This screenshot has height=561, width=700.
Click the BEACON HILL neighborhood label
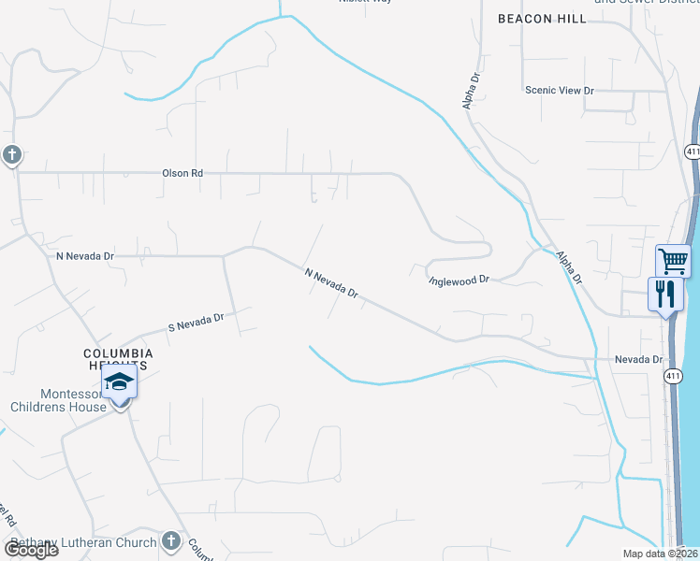click(542, 19)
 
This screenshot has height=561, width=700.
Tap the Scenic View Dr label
click(560, 90)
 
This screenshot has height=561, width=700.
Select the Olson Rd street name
click(182, 173)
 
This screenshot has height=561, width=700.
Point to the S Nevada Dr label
click(196, 323)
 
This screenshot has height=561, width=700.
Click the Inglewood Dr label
click(459, 280)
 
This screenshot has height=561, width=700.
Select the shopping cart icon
click(673, 260)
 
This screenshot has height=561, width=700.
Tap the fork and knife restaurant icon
click(666, 294)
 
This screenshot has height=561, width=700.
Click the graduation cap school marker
click(120, 382)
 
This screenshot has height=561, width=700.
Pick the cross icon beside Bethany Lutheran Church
click(170, 540)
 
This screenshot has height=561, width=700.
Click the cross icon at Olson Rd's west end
click(11, 154)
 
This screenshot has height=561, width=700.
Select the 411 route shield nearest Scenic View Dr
click(692, 151)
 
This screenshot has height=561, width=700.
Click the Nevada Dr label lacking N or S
click(638, 359)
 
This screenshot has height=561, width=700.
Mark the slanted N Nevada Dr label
click(332, 283)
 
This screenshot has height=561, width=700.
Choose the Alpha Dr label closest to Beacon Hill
click(472, 93)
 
